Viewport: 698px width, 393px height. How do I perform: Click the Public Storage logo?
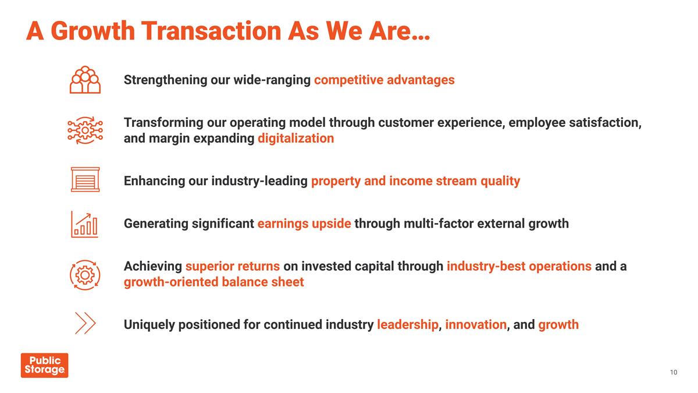pyautogui.click(x=44, y=365)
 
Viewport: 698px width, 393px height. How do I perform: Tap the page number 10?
pyautogui.click(x=674, y=373)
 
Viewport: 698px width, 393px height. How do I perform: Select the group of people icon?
pyautogui.click(x=85, y=80)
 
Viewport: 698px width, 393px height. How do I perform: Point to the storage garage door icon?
pyautogui.click(x=85, y=179)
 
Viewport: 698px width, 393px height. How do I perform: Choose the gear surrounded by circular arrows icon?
pyautogui.click(x=85, y=274)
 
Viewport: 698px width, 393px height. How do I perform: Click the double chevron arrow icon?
pyautogui.click(x=85, y=323)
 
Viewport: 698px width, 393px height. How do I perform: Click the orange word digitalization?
pyautogui.click(x=295, y=139)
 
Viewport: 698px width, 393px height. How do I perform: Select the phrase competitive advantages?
pyautogui.click(x=384, y=80)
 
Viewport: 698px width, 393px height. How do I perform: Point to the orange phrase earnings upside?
pyautogui.click(x=304, y=224)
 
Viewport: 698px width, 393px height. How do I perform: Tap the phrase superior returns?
pyautogui.click(x=233, y=266)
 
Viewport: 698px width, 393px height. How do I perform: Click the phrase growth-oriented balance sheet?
pyautogui.click(x=213, y=282)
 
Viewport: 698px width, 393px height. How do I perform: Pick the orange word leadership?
pyautogui.click(x=407, y=325)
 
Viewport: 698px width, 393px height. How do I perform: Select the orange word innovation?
pyautogui.click(x=476, y=325)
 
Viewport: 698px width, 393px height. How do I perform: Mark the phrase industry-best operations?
pyautogui.click(x=519, y=266)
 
